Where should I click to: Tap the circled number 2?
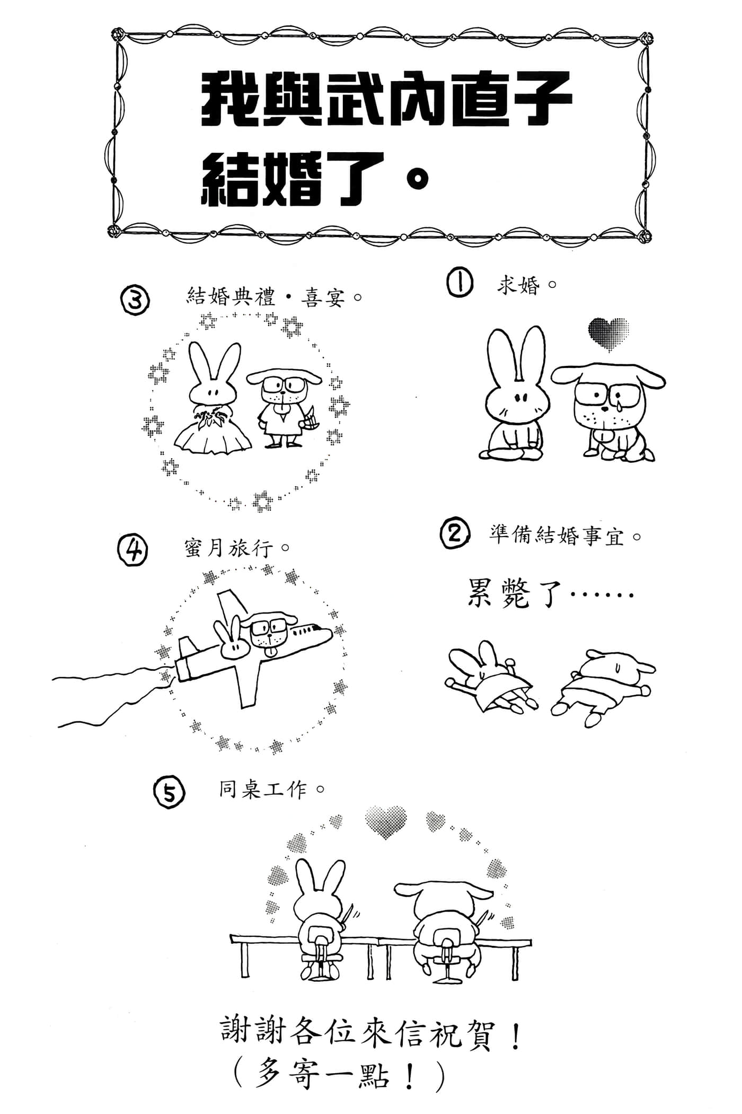[x=455, y=534]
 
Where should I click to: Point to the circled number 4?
[x=132, y=550]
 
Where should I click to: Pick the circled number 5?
[x=169, y=794]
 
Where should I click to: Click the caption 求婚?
[x=518, y=286]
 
